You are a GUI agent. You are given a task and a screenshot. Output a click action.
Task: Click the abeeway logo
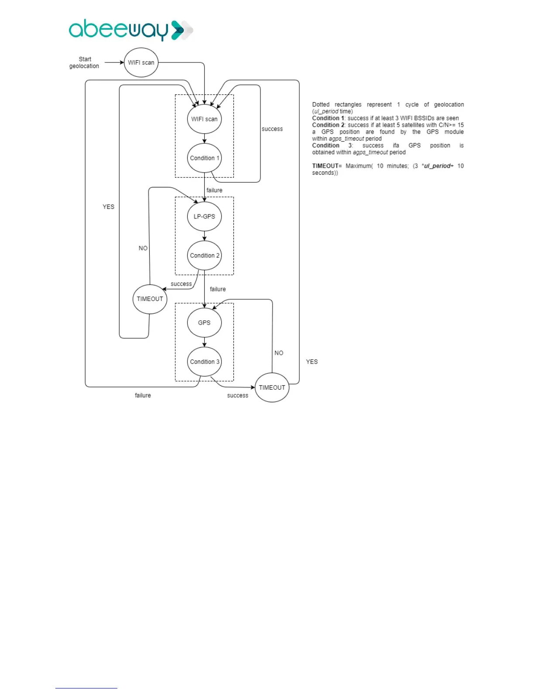click(x=130, y=30)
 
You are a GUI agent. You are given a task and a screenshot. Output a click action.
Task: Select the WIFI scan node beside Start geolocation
click(x=141, y=62)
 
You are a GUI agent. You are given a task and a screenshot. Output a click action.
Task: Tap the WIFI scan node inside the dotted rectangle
click(x=204, y=119)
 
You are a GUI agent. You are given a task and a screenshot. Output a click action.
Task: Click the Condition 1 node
click(x=204, y=158)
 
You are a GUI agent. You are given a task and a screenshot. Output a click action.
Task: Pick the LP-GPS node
click(x=204, y=216)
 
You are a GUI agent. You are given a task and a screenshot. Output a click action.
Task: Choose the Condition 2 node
click(x=204, y=255)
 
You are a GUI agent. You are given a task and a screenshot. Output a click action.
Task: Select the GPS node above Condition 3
click(x=204, y=322)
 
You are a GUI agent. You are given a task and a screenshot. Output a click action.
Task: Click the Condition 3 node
click(x=204, y=361)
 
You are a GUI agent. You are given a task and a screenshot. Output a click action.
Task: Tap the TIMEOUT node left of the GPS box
click(x=150, y=299)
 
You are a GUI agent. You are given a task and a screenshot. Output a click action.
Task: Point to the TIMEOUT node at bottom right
click(x=272, y=388)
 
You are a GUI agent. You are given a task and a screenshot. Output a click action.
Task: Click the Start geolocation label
click(x=84, y=62)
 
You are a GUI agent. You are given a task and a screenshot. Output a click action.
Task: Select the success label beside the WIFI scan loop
click(x=272, y=129)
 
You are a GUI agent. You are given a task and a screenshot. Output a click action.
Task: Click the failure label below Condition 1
click(x=214, y=190)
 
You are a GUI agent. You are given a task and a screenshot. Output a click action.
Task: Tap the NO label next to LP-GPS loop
click(x=143, y=248)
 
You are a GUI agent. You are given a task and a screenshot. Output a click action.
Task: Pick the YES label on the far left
click(x=109, y=207)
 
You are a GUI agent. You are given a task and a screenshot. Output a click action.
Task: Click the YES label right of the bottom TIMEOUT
click(x=312, y=362)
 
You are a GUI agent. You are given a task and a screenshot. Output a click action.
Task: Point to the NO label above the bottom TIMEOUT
click(x=279, y=353)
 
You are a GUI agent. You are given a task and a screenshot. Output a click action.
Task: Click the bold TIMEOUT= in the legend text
click(x=327, y=166)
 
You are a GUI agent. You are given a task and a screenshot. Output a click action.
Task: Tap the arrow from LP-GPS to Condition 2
click(x=204, y=236)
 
